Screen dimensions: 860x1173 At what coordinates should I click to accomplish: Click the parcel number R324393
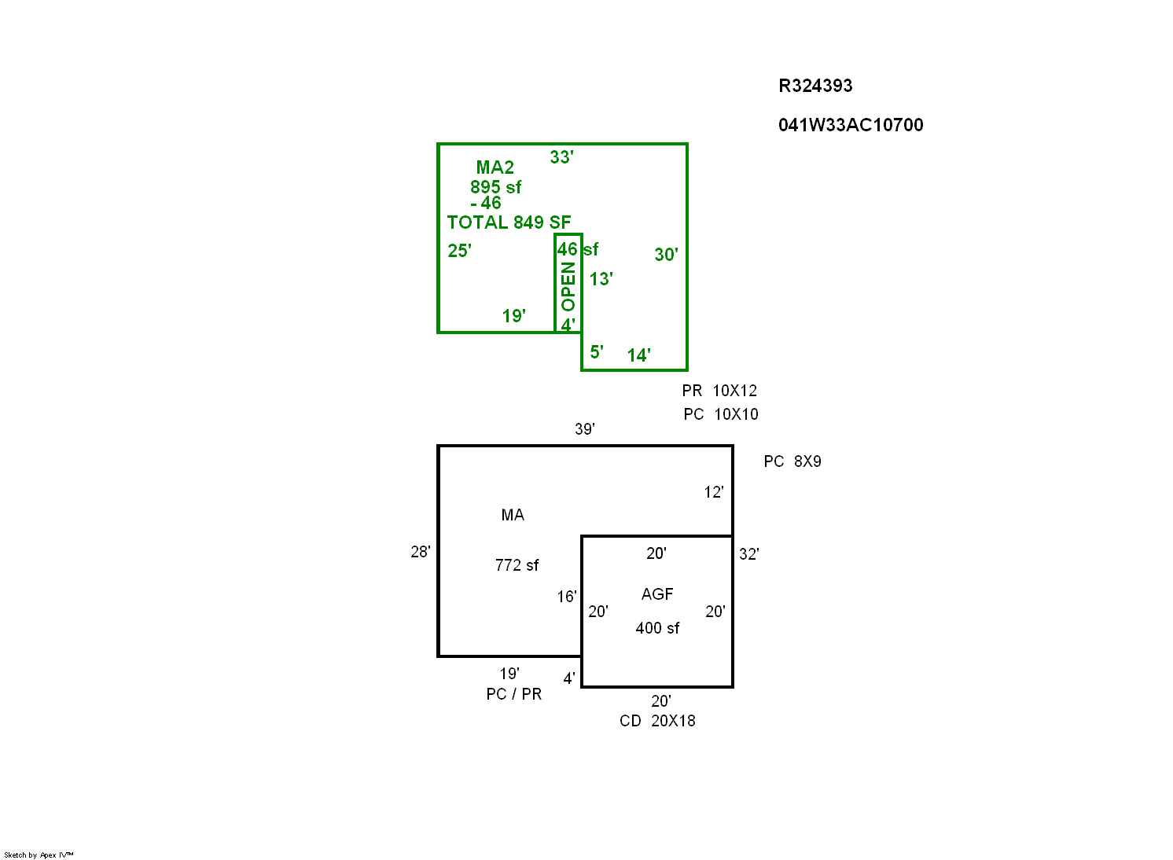pyautogui.click(x=815, y=86)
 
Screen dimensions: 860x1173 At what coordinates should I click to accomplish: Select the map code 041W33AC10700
pyautogui.click(x=851, y=125)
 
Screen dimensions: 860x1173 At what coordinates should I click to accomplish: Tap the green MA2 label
pyautogui.click(x=495, y=167)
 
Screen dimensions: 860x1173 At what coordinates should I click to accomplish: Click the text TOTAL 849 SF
pyautogui.click(x=509, y=222)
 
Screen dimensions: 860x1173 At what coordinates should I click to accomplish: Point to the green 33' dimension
pyautogui.click(x=561, y=157)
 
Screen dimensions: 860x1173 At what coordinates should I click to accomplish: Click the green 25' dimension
pyautogui.click(x=459, y=251)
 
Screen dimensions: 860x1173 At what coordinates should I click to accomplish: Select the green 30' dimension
pyautogui.click(x=666, y=255)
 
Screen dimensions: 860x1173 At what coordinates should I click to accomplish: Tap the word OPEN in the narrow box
pyautogui.click(x=568, y=286)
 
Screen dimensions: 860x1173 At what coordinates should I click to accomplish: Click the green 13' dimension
pyautogui.click(x=601, y=279)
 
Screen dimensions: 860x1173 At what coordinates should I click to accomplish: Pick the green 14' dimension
pyautogui.click(x=638, y=355)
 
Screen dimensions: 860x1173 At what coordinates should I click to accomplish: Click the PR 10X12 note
pyautogui.click(x=719, y=391)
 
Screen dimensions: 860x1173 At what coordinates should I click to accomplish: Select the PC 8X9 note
pyautogui.click(x=792, y=461)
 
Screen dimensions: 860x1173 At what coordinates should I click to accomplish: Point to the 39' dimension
pyautogui.click(x=584, y=429)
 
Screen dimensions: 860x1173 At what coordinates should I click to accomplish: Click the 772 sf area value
pyautogui.click(x=517, y=565)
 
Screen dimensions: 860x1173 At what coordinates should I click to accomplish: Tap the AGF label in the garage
pyautogui.click(x=657, y=594)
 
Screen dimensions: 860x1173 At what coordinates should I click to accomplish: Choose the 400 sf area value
pyautogui.click(x=657, y=628)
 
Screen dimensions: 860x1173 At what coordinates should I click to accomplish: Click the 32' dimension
pyautogui.click(x=748, y=554)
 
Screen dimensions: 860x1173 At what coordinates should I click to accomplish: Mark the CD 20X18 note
pyautogui.click(x=657, y=721)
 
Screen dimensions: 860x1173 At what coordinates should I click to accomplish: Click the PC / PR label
pyautogui.click(x=513, y=694)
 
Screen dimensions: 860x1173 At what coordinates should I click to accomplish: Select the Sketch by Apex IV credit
pyautogui.click(x=39, y=854)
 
